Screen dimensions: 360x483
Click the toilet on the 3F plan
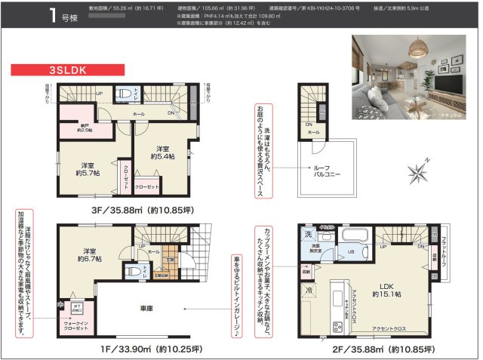tap(123, 94)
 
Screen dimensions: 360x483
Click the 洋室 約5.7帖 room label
tap(88, 170)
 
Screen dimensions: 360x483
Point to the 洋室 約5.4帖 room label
tap(162, 152)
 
